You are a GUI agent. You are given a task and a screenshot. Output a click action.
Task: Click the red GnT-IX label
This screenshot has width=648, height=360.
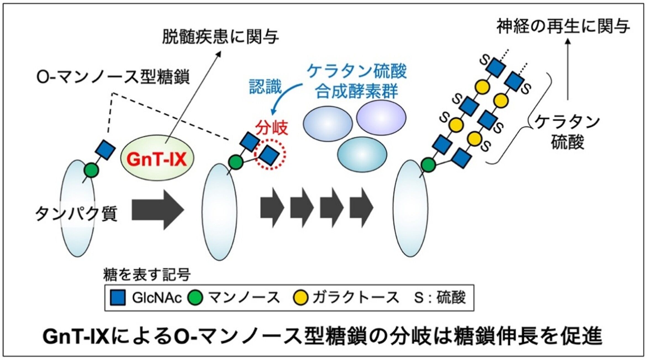pyautogui.click(x=157, y=159)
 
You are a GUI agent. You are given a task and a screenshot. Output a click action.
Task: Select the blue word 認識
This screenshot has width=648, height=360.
pyautogui.click(x=265, y=86)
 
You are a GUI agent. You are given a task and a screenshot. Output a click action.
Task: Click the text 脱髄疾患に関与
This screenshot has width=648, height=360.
pyautogui.click(x=220, y=37)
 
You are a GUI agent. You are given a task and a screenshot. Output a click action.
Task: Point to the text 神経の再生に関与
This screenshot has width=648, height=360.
pyautogui.click(x=563, y=27)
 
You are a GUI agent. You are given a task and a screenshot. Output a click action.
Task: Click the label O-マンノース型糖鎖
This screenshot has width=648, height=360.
pyautogui.click(x=113, y=77)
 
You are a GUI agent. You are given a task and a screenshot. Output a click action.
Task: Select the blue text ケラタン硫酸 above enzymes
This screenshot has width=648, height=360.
pyautogui.click(x=357, y=71)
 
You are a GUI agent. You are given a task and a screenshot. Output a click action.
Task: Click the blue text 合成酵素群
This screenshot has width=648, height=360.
pyautogui.click(x=357, y=91)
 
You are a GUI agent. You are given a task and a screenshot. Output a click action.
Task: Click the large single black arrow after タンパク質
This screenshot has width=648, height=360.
pyautogui.click(x=157, y=210)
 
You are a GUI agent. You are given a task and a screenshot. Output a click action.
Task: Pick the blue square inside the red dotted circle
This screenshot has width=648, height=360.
pyautogui.click(x=270, y=155)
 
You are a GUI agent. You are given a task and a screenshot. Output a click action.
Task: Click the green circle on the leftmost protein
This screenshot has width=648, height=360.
pyautogui.click(x=91, y=170)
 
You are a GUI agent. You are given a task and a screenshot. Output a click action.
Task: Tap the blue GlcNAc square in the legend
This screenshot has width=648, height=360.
pyautogui.click(x=118, y=298)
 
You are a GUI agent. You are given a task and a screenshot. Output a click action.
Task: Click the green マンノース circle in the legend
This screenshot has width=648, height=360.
pyautogui.click(x=195, y=298)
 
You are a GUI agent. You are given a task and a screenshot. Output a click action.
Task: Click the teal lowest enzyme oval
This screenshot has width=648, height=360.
pyautogui.click(x=362, y=155)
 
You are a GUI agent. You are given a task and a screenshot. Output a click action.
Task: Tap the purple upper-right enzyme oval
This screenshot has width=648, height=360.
pyautogui.click(x=381, y=117)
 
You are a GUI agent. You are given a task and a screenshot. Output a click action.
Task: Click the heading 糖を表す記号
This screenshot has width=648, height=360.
pyautogui.click(x=147, y=275)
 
